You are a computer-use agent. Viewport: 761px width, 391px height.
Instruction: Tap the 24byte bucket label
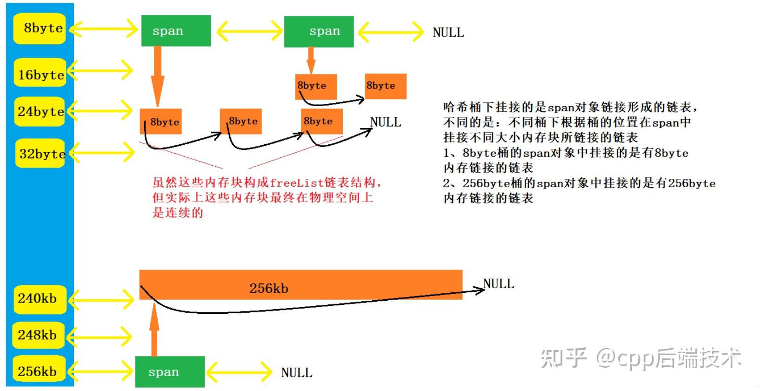click(40, 112)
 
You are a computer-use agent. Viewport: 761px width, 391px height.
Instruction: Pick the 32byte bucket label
click(41, 154)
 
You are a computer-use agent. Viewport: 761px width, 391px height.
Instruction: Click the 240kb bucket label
click(38, 298)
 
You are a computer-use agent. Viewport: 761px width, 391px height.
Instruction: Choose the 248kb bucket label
click(38, 335)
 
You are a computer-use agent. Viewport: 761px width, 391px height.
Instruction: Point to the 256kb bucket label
click(38, 371)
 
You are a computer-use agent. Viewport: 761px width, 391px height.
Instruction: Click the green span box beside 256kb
click(170, 372)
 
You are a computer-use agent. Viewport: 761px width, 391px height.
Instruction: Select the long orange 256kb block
click(300, 285)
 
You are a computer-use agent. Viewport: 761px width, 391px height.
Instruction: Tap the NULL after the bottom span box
click(296, 373)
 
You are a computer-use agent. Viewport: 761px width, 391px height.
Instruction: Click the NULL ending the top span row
click(448, 33)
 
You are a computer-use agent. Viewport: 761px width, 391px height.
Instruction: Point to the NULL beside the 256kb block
click(498, 283)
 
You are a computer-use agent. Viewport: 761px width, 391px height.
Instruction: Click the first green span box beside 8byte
click(176, 31)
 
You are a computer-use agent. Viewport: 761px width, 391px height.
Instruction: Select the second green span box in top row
click(319, 32)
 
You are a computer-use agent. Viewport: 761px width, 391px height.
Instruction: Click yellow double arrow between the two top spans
click(249, 32)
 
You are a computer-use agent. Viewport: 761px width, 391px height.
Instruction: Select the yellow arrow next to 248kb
click(100, 336)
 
